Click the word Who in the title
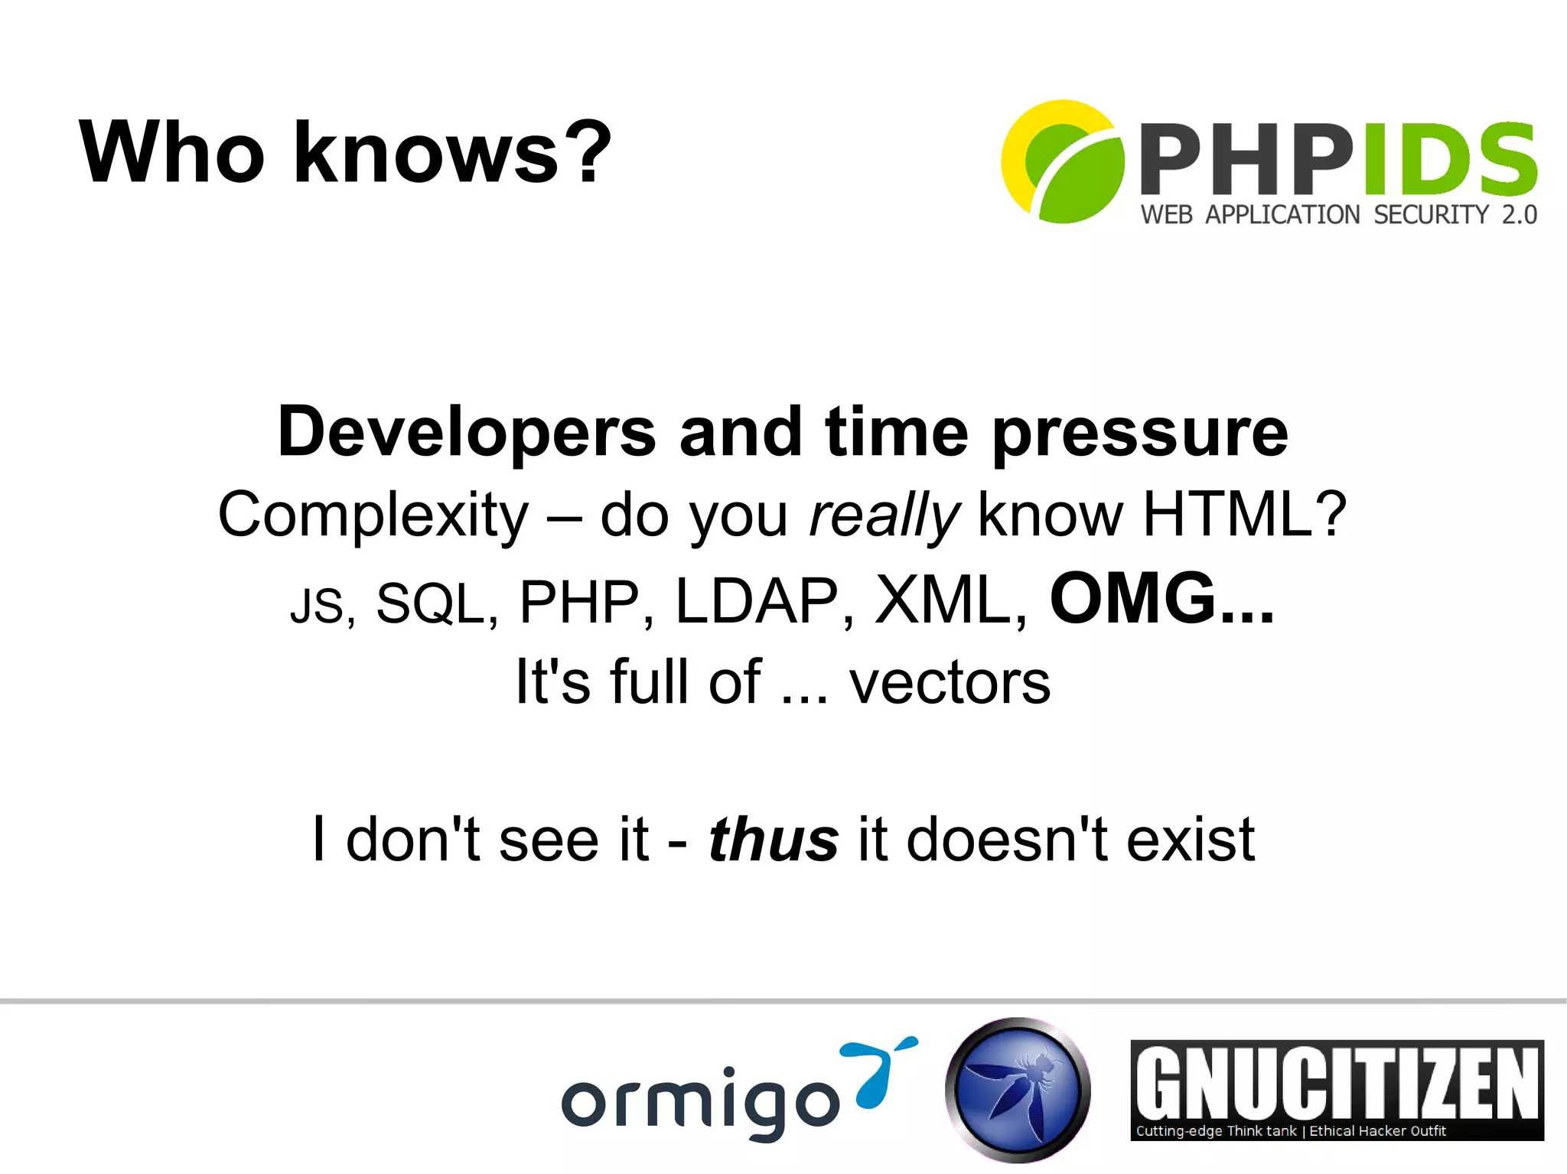(x=172, y=153)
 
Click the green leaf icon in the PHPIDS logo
(x=1071, y=172)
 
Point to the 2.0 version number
(x=1519, y=215)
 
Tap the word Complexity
(x=373, y=515)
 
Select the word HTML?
(x=1244, y=515)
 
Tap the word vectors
(x=950, y=682)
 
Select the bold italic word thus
(x=774, y=840)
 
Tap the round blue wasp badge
(x=1018, y=1089)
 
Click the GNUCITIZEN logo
(x=1337, y=1089)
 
